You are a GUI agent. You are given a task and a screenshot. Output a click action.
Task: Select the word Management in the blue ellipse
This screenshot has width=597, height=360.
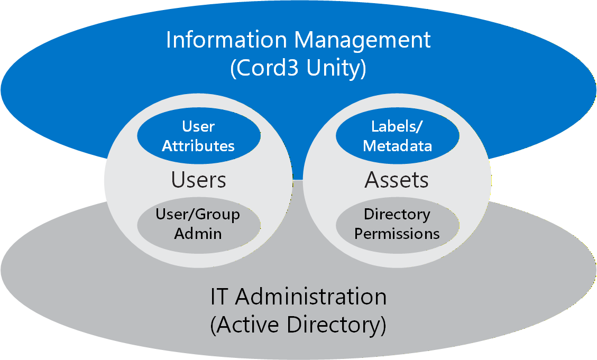(x=363, y=40)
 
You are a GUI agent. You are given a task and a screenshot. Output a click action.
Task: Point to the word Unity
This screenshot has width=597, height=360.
(x=337, y=69)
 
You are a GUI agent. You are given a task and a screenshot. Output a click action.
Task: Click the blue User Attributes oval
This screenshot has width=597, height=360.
(x=198, y=136)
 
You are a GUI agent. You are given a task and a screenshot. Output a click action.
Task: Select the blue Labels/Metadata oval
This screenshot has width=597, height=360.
(x=398, y=136)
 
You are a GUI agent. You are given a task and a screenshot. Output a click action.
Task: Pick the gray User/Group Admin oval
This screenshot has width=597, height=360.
(x=198, y=224)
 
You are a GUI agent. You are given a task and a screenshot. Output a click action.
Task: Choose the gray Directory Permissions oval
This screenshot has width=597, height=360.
(x=398, y=224)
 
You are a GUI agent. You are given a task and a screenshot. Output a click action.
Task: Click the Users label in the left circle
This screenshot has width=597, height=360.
(x=198, y=180)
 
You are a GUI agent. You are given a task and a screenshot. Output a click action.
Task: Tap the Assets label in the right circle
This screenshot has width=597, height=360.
(x=397, y=180)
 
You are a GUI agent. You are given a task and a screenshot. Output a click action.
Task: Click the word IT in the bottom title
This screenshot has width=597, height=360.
(x=219, y=297)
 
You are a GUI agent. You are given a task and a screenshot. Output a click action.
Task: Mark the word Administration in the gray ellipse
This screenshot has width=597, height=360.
(x=311, y=297)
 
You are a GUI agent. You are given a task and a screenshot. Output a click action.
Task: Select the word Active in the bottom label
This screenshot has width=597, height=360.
(x=247, y=325)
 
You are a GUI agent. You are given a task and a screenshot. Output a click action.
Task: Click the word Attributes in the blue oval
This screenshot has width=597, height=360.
(x=198, y=146)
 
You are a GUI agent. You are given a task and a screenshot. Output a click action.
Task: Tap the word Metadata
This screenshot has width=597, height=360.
(x=398, y=146)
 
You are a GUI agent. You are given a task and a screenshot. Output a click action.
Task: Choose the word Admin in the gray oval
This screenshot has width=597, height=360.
(x=198, y=233)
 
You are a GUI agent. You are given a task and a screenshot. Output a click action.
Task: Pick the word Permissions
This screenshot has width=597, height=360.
(x=397, y=233)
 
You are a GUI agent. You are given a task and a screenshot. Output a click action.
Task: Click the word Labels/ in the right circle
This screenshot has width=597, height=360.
(x=398, y=126)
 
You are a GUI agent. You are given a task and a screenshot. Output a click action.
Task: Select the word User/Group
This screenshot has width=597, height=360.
(x=198, y=214)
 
